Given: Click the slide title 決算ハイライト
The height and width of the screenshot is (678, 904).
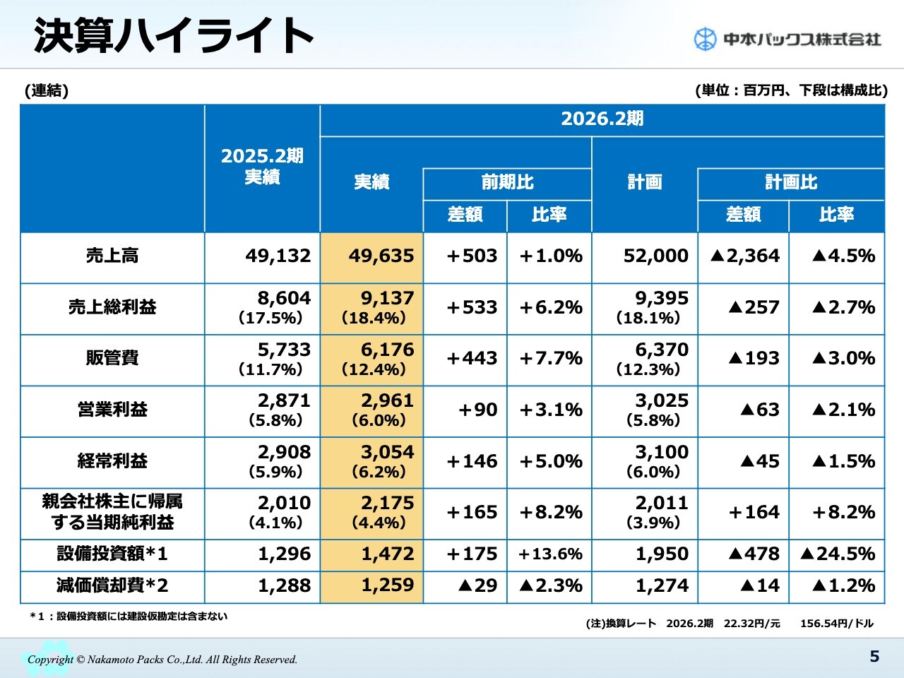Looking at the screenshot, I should (174, 35).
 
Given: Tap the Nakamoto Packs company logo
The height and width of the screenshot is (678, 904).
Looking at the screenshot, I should (787, 39).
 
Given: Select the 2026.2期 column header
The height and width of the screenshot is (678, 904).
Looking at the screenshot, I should (602, 119).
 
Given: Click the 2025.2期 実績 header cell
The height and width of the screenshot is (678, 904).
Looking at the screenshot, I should (262, 167).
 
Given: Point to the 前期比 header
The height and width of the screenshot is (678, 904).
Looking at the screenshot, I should (507, 182).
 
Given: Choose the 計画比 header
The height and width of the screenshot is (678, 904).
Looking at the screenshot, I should (791, 182).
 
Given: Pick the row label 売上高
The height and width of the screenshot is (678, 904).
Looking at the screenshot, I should (112, 256).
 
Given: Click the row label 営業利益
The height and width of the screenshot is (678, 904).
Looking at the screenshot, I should (112, 410).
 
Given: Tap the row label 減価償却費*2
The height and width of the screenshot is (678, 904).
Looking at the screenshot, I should (112, 585).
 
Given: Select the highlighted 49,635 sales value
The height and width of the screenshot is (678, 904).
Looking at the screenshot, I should (381, 256).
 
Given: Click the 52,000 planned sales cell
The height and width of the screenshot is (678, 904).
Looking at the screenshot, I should (655, 256).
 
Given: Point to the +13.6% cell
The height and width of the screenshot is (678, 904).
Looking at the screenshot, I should (550, 554).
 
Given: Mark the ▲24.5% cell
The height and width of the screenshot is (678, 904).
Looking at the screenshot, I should (838, 554).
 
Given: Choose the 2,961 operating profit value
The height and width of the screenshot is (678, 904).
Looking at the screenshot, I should (387, 401).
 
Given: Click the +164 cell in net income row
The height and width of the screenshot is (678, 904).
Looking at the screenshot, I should (754, 512).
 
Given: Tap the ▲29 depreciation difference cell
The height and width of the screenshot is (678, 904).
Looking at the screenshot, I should (477, 585).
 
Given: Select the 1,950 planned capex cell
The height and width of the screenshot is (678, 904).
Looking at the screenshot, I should (662, 554).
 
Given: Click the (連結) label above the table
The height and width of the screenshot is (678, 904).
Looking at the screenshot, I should (47, 90).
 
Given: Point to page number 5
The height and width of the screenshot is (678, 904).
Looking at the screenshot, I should (874, 657).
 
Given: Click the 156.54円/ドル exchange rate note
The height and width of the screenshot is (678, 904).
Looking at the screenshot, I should (837, 624).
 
